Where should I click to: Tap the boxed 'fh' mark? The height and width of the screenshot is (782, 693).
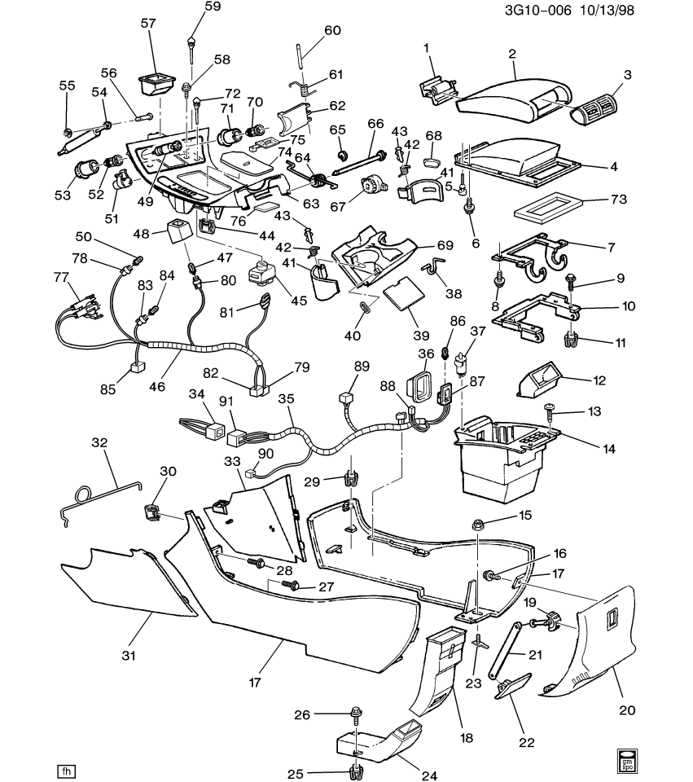[x=66, y=769]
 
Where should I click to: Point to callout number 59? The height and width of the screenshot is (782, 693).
[x=213, y=8]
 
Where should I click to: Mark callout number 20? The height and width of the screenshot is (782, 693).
[x=626, y=710]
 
